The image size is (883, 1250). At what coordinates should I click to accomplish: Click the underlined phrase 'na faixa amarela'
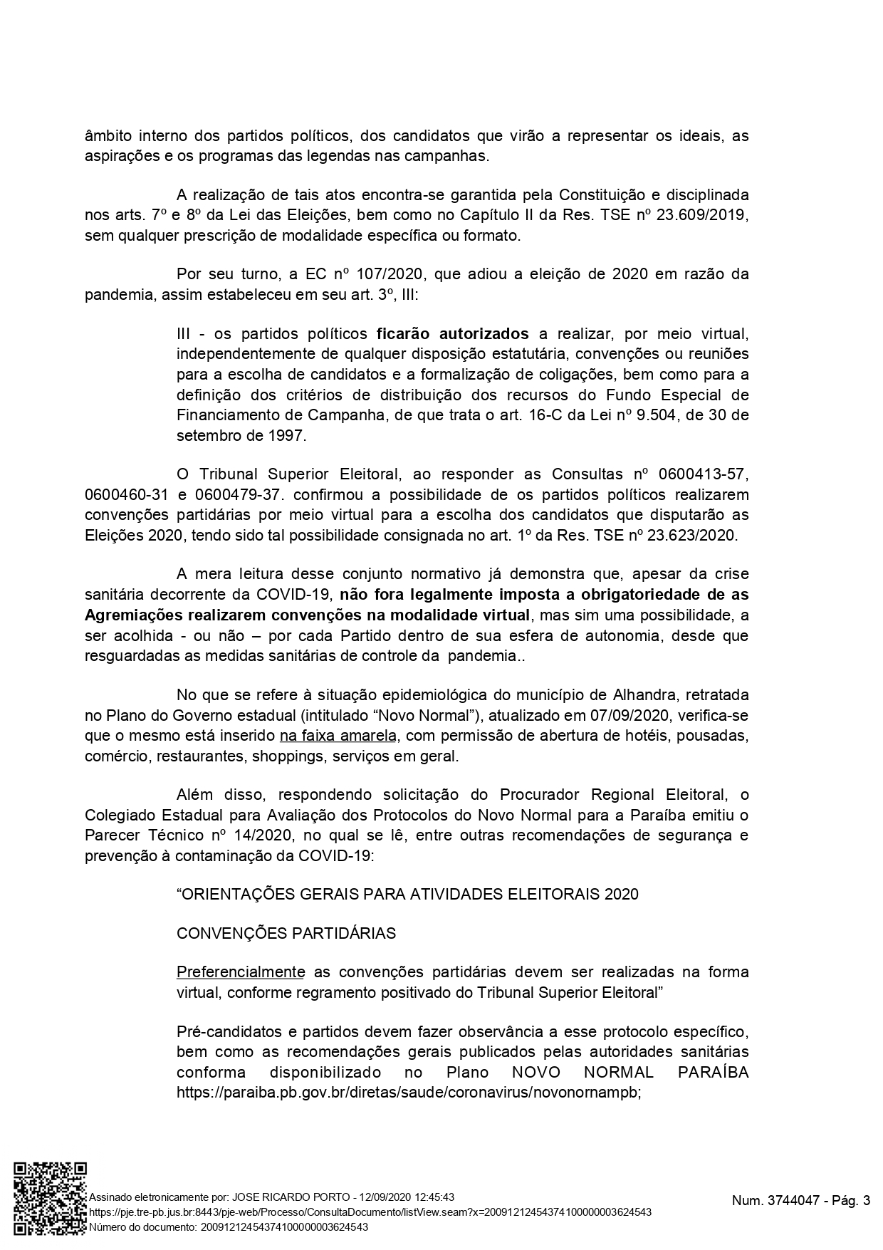click(x=338, y=735)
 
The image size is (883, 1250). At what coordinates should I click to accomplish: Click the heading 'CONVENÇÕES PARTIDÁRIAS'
click(x=286, y=933)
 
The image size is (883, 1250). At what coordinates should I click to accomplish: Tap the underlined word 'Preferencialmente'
click(x=241, y=972)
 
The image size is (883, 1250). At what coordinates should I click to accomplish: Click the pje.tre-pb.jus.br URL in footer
click(x=369, y=1212)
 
